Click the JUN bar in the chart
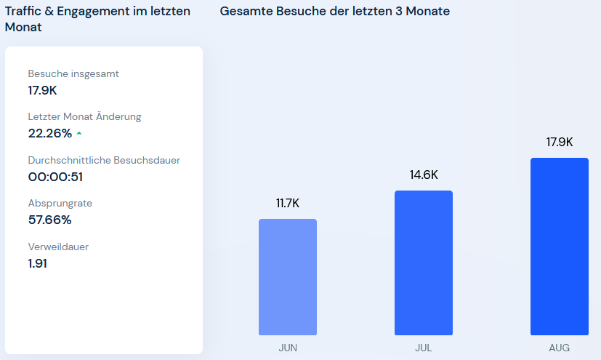pyautogui.click(x=288, y=276)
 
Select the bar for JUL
pyautogui.click(x=424, y=263)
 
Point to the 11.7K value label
pyautogui.click(x=288, y=204)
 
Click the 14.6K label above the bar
pyautogui.click(x=424, y=175)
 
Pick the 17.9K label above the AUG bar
pyautogui.click(x=560, y=142)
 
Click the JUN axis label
pyautogui.click(x=288, y=348)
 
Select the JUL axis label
pyautogui.click(x=424, y=348)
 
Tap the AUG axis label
pyautogui.click(x=560, y=348)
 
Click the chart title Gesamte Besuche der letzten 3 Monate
pyautogui.click(x=334, y=12)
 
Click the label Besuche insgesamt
pyautogui.click(x=73, y=73)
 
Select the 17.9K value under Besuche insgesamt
pyautogui.click(x=43, y=90)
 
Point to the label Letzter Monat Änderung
pyautogui.click(x=84, y=116)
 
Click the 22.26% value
pyautogui.click(x=50, y=133)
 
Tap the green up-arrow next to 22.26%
pyautogui.click(x=79, y=133)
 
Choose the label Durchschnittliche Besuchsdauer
pyautogui.click(x=104, y=160)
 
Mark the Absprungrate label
pyautogui.click(x=60, y=203)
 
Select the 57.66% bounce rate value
pyautogui.click(x=50, y=220)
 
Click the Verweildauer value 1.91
pyautogui.click(x=38, y=263)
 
